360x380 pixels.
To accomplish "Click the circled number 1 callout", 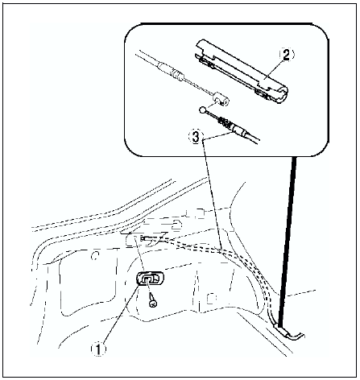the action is (x=98, y=349).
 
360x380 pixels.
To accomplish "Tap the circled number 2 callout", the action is (x=287, y=56).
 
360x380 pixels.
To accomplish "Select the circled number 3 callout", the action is (x=196, y=137).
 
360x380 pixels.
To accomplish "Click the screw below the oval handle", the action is (x=153, y=300).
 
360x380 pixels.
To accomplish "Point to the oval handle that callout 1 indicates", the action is (x=151, y=279).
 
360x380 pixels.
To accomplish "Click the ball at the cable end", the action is (x=203, y=109).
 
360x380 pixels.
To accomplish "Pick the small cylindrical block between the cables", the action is (x=221, y=100).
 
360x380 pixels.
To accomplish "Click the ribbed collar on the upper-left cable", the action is (x=178, y=73).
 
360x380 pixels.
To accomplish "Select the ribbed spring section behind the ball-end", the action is (x=225, y=122).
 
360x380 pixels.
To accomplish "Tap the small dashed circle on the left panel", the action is (x=94, y=255).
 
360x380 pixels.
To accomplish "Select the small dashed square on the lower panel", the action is (x=211, y=299).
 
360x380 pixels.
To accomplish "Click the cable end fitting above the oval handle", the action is (x=147, y=239).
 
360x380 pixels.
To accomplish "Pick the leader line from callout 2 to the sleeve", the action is (x=274, y=69).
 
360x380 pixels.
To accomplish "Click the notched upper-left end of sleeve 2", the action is (x=204, y=52).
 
